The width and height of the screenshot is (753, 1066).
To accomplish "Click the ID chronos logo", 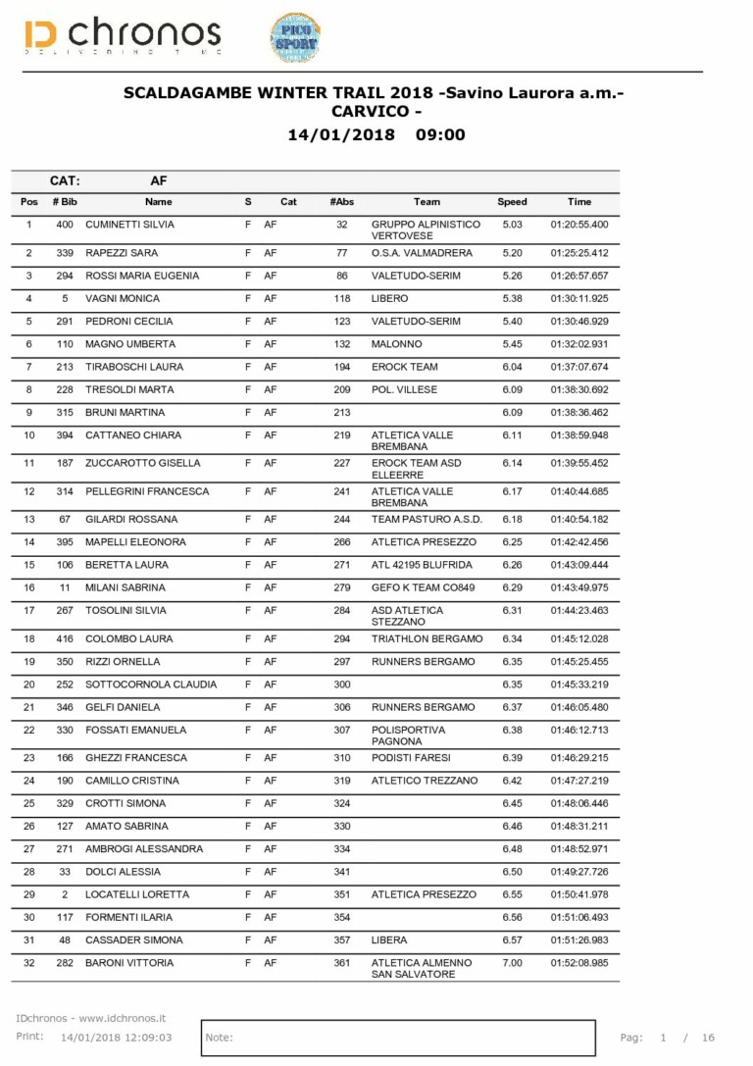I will (123, 36).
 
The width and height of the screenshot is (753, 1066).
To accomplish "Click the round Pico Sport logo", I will (294, 37).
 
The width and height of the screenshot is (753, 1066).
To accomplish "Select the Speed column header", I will (512, 202).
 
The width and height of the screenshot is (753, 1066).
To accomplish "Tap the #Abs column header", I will (341, 202).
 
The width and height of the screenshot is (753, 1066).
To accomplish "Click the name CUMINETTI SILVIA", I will (130, 225).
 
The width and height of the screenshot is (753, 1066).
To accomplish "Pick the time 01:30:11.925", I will (578, 298).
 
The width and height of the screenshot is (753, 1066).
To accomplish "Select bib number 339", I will (65, 253).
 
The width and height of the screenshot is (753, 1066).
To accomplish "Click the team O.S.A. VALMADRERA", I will (422, 253).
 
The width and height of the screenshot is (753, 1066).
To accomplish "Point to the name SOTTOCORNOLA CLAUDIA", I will (151, 685).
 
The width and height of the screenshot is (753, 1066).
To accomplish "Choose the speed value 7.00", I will (512, 963).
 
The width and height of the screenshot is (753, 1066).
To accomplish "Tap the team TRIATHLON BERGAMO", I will (427, 639).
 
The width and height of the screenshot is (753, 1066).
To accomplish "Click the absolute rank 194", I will (341, 367).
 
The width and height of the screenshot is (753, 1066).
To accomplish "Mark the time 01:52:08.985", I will (578, 963).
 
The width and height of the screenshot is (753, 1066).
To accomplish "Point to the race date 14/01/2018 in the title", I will (341, 135).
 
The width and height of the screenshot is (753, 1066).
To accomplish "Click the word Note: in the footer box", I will (220, 1037).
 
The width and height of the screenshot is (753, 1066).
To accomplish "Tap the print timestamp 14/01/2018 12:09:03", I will (116, 1037).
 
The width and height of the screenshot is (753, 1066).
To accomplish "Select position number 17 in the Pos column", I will (28, 610).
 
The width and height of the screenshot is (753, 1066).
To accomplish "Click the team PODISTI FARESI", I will (411, 758).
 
